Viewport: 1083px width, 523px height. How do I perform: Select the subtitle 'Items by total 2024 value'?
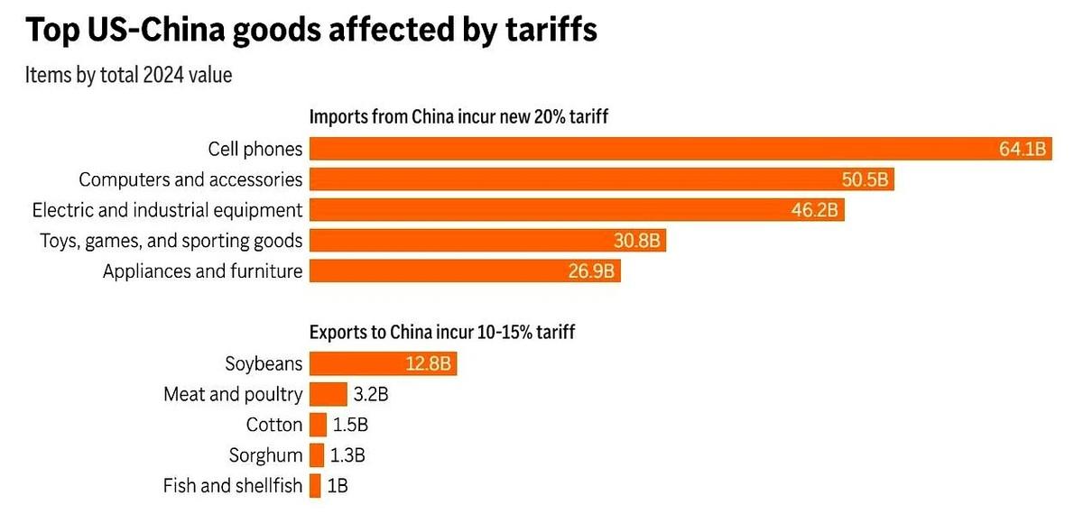click(128, 75)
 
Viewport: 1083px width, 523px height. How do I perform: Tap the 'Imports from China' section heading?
click(462, 117)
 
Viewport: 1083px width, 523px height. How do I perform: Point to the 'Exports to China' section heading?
click(442, 333)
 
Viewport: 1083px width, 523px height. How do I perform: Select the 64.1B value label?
click(1022, 150)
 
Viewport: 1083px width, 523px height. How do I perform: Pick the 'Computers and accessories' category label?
click(190, 179)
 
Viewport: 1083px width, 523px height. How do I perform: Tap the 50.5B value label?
click(865, 180)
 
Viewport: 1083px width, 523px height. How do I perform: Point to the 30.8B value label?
click(637, 241)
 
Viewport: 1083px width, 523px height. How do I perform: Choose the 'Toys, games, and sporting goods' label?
click(171, 241)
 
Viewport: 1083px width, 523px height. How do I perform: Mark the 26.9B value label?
click(592, 271)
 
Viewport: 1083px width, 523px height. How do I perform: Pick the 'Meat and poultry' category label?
click(233, 394)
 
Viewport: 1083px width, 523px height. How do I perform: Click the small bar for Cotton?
click(318, 425)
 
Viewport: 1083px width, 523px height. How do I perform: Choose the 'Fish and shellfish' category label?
click(233, 486)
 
